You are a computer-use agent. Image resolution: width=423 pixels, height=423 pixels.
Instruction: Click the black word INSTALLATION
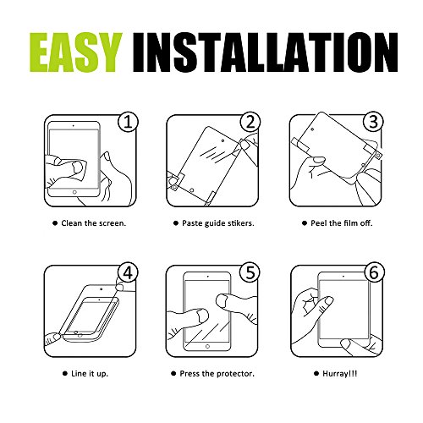pos(266,52)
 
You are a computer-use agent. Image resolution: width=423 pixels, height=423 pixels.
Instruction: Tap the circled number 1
pos(128,123)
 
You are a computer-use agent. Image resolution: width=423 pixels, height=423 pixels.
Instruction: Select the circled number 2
pos(250,123)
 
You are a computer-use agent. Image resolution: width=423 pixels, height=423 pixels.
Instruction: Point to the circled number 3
pos(373,123)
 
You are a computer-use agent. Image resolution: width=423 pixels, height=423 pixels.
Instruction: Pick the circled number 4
pos(128,273)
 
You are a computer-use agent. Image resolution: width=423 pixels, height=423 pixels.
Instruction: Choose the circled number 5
pos(250,273)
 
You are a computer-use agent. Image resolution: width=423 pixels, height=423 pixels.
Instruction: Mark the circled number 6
pos(374,273)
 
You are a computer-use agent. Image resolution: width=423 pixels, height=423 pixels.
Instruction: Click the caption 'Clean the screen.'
pos(94,223)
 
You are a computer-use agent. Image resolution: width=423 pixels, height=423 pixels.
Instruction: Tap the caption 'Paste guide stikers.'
pos(218,223)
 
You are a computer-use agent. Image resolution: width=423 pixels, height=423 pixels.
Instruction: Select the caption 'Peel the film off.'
pos(342,223)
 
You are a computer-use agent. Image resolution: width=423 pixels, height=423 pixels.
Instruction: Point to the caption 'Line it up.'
pos(90,374)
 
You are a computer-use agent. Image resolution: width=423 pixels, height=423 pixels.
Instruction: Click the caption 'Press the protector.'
pos(217,374)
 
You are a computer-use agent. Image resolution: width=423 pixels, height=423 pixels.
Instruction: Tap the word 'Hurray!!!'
pos(340,374)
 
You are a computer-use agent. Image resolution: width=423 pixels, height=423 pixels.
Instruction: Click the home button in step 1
pos(74,192)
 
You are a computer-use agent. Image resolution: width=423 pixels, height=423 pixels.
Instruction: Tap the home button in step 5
pos(207,346)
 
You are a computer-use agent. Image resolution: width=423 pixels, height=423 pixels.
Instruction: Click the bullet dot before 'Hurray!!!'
pos(316,374)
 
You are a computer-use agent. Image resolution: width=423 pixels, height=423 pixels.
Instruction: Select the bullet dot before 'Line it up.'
pos(65,374)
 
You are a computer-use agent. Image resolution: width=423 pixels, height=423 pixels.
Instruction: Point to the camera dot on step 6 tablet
pos(343,277)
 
